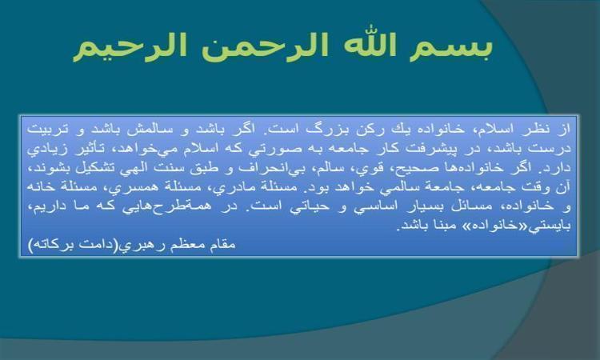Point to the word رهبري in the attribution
(138, 245)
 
